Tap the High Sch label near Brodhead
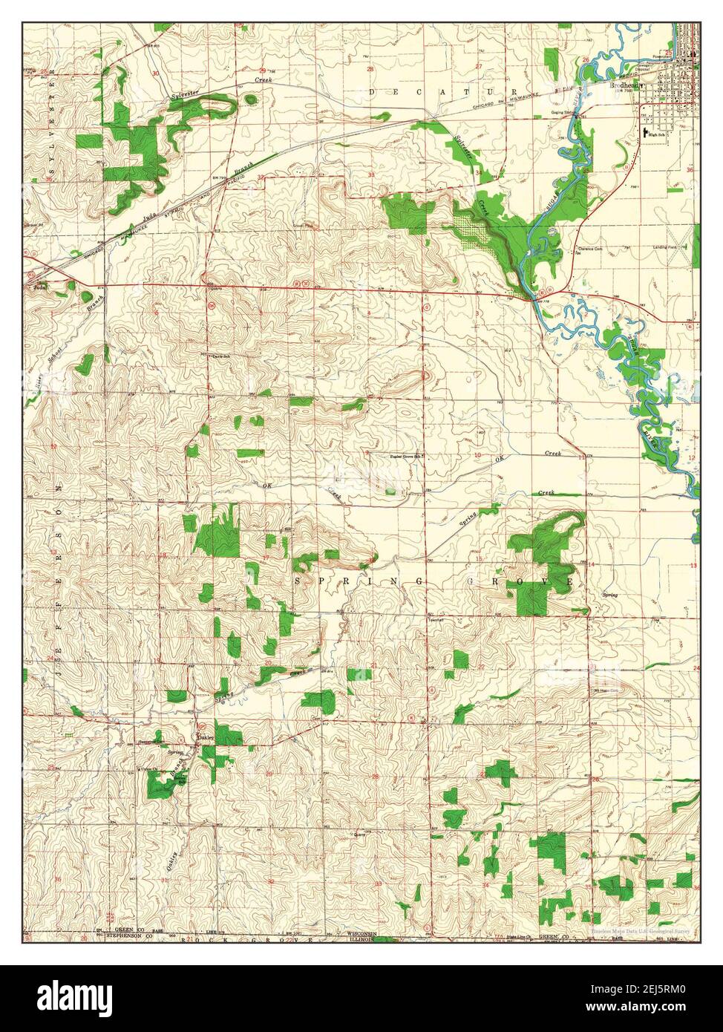(x=655, y=134)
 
